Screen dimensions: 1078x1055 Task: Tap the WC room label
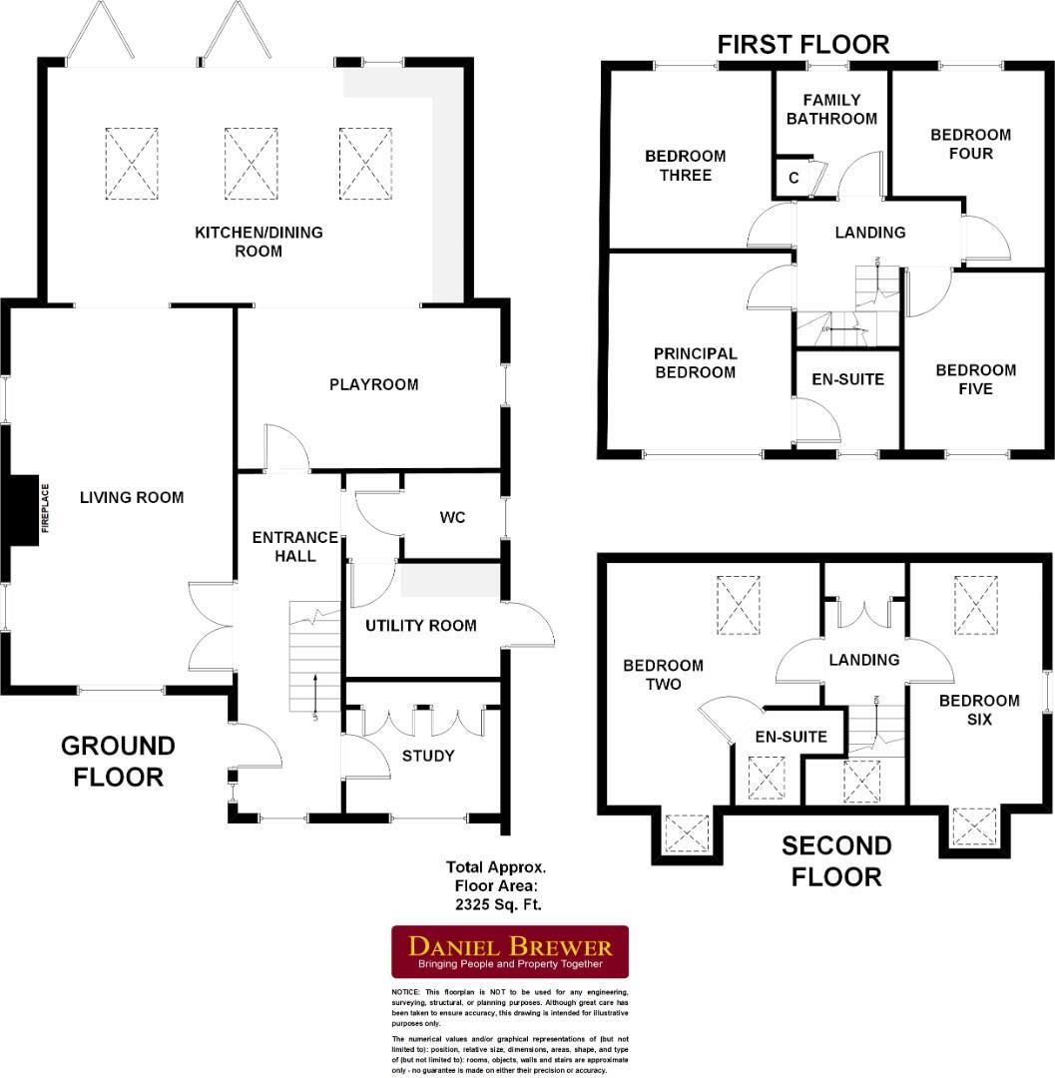point(452,518)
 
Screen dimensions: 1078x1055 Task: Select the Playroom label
point(373,384)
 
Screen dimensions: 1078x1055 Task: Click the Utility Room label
point(420,626)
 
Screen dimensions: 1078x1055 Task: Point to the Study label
point(429,756)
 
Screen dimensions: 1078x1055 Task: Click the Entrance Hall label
point(283,546)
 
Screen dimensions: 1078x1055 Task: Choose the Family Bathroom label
point(831,109)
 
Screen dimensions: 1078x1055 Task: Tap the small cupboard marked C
point(793,178)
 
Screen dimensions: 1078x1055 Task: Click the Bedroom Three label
point(685,166)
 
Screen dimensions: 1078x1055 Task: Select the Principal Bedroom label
point(695,363)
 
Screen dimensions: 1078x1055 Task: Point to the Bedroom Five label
point(975,379)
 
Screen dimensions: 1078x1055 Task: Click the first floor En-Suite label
point(847,379)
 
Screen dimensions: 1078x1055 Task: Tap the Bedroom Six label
point(979,710)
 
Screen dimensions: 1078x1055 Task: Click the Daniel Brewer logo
point(509,951)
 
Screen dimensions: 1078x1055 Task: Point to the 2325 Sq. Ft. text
point(495,905)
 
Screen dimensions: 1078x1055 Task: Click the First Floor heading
point(802,44)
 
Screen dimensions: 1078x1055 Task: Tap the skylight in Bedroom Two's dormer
point(687,831)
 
